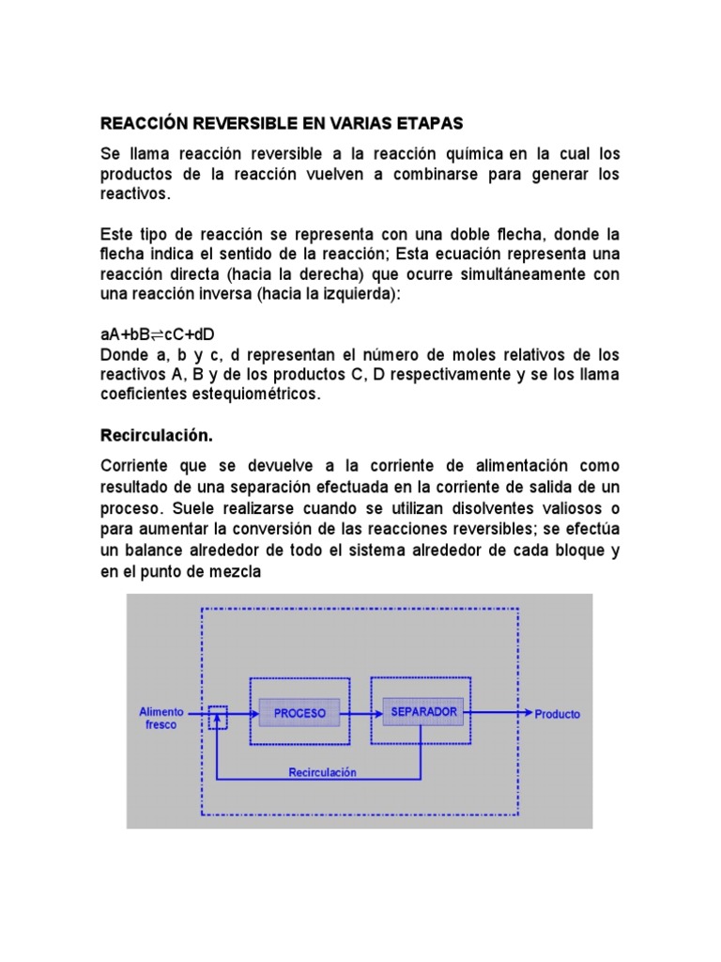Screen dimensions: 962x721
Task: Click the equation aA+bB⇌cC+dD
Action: [x=158, y=336]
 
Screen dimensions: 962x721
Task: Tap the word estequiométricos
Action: [x=256, y=395]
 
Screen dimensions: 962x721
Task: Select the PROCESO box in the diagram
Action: [x=299, y=713]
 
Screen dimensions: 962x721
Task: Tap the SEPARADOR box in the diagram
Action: [x=422, y=712]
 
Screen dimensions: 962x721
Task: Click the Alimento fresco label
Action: [x=161, y=718]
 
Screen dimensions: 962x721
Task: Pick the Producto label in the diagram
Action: [x=558, y=714]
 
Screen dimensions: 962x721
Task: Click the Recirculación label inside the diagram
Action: [x=322, y=772]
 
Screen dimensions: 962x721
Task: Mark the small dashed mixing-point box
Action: [x=218, y=718]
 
